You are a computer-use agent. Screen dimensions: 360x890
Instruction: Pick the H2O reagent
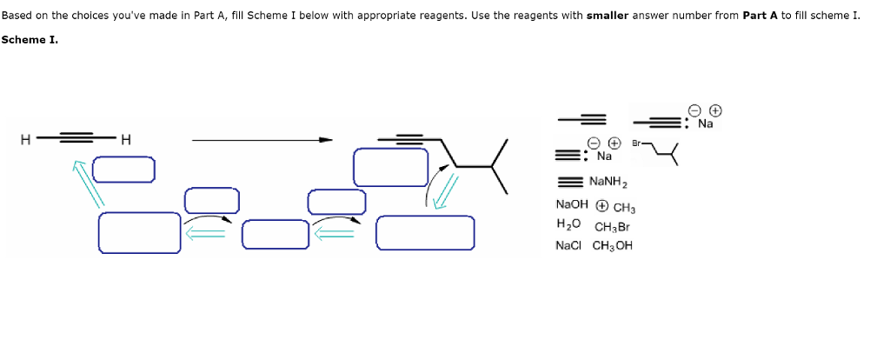point(568,224)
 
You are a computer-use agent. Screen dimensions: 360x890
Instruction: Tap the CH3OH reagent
point(613,245)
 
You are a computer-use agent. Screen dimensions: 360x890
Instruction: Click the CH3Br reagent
point(612,227)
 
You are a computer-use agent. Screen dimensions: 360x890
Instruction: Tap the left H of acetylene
point(26,139)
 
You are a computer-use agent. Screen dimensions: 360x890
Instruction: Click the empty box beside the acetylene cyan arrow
point(123,169)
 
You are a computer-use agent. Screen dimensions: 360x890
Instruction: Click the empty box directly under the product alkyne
point(390,166)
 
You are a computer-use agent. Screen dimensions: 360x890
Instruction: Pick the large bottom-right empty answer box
point(425,232)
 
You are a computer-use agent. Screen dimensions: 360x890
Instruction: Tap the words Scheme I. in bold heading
point(30,40)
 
